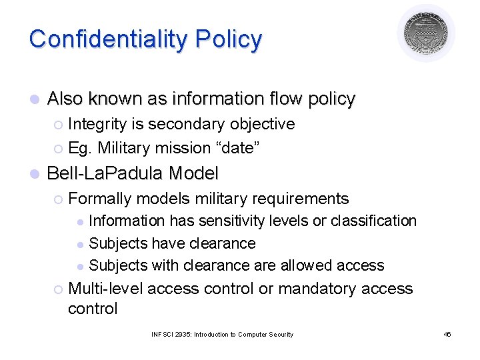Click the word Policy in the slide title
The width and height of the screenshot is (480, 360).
pos(229,39)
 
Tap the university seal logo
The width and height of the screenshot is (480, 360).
pos(426,33)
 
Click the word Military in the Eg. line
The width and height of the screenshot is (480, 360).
pos(125,148)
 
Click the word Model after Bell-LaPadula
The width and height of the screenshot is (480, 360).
pos(193,174)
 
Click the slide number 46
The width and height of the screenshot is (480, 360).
pos(447,334)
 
